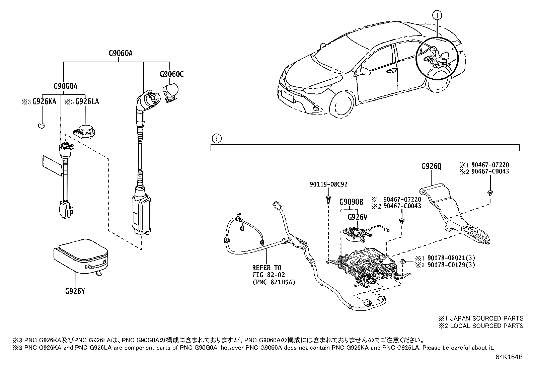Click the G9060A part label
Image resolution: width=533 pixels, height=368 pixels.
click(x=121, y=53)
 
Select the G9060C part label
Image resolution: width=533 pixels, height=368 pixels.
click(x=171, y=74)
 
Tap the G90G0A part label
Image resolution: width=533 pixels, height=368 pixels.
click(x=65, y=86)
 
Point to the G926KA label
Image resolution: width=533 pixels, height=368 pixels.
click(x=44, y=101)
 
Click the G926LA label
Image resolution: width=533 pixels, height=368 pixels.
click(x=87, y=101)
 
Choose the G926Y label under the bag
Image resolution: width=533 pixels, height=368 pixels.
click(x=75, y=291)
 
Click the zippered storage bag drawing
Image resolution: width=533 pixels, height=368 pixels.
click(x=80, y=256)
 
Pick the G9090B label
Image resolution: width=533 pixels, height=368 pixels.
click(x=351, y=202)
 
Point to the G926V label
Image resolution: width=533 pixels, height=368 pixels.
click(x=357, y=217)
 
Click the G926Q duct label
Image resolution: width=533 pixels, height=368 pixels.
click(x=431, y=166)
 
